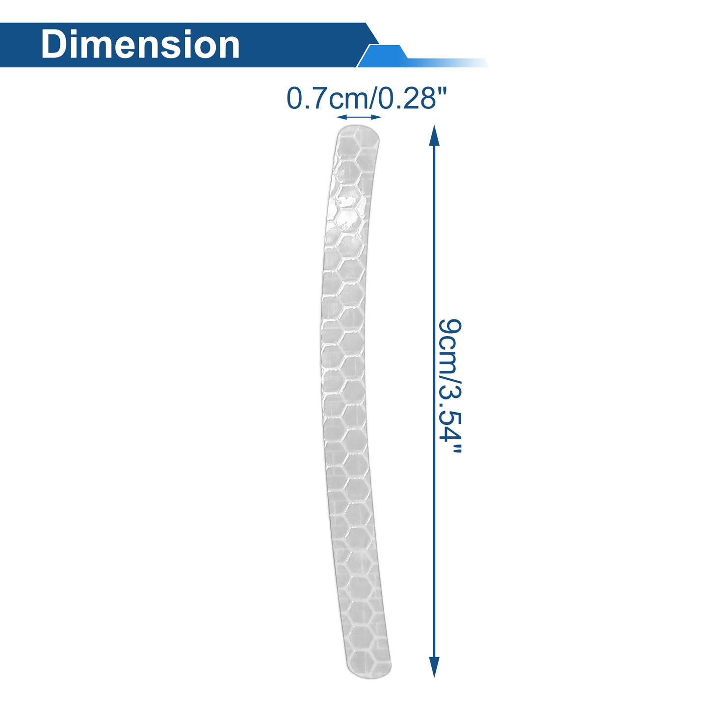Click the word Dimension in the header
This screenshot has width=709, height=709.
140,45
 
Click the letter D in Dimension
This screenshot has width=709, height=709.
54,45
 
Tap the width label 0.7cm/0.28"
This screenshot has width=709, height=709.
367,98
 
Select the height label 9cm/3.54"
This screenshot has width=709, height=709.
450,386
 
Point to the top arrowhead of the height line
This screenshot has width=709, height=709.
435,135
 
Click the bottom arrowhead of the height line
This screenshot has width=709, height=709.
434,667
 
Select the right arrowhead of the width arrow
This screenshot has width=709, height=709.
376,117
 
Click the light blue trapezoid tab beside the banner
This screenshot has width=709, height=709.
383,56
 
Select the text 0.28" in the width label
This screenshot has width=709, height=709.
413,98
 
